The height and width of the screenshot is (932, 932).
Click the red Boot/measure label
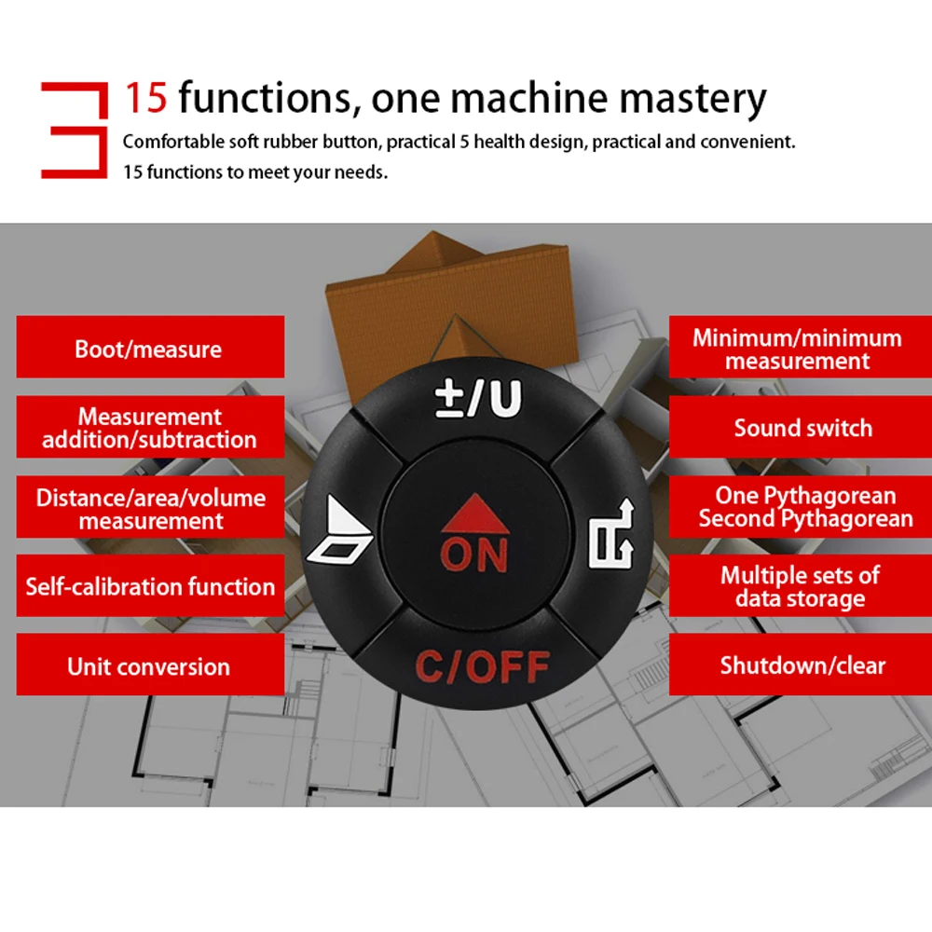[x=149, y=349]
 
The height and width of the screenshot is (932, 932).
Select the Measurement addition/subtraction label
[x=149, y=428]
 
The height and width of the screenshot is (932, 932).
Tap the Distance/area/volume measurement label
[x=149, y=509]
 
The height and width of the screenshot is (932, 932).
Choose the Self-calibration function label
[x=149, y=586]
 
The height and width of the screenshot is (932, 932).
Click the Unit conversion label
[x=149, y=666]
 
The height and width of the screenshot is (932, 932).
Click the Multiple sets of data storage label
[x=800, y=586]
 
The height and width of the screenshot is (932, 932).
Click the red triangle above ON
[x=475, y=513]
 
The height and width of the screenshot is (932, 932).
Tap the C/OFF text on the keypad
[x=482, y=667]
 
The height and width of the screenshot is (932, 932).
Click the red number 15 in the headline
[x=145, y=98]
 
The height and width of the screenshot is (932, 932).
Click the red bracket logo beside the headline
[x=73, y=130]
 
